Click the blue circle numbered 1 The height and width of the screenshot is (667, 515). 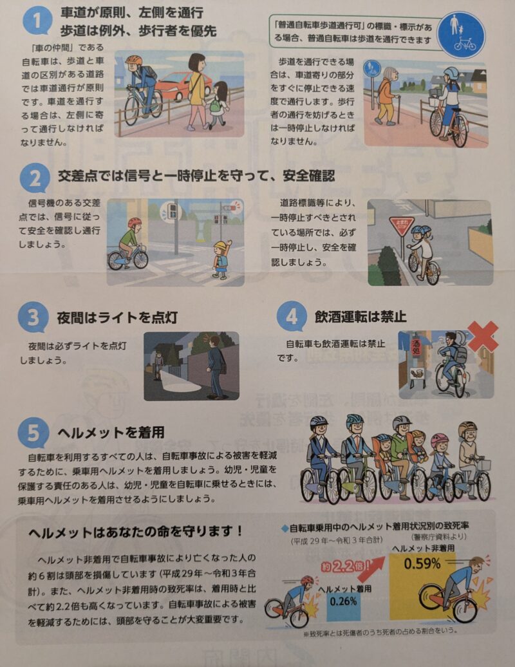37,20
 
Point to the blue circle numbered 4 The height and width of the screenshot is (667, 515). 292,316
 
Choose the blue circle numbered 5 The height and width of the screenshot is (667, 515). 33,433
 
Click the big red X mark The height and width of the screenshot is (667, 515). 483,336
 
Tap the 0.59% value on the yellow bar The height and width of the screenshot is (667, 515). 422,563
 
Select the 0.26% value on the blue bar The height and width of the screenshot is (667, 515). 343,601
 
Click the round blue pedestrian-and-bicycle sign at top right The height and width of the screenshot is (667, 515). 462,34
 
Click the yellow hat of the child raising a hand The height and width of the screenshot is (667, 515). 221,247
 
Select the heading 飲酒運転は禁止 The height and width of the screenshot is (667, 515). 360,317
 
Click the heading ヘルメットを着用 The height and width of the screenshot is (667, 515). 111,433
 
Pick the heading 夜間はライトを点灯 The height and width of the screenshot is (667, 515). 117,317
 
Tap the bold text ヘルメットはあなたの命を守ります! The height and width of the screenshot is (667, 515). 135,531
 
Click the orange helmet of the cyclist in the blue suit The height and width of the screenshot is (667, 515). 134,60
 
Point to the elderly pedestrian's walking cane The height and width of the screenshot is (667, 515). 398,109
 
